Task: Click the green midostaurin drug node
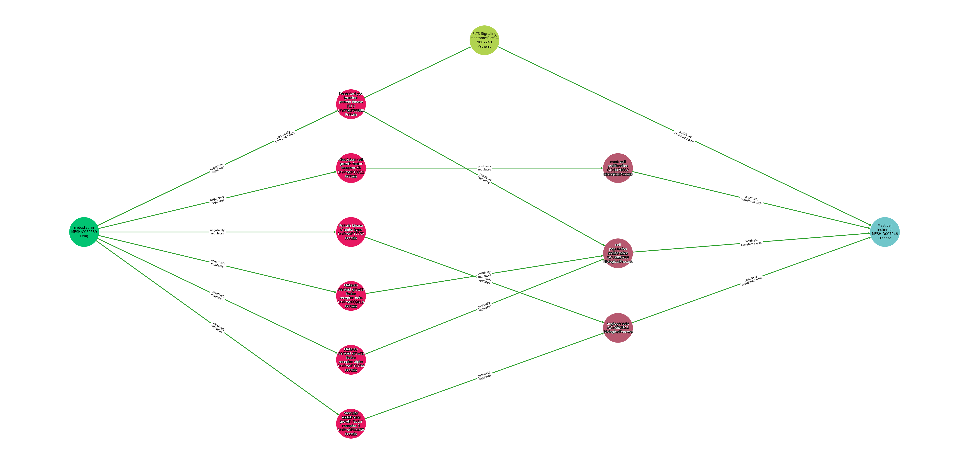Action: pos(84,232)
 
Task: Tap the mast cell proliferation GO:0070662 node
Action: pos(618,168)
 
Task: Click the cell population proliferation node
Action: pos(618,253)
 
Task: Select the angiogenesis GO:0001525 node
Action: pos(618,328)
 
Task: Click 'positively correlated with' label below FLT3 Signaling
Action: pos(684,137)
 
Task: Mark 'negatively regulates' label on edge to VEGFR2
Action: pos(217,327)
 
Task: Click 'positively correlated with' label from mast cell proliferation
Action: pos(751,200)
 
